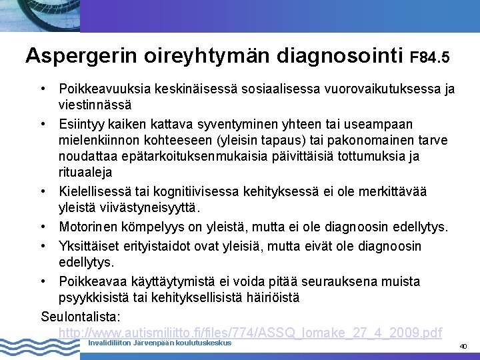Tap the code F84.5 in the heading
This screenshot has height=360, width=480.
point(429,58)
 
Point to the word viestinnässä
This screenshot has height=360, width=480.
point(95,105)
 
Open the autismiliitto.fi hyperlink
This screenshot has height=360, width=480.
point(250,332)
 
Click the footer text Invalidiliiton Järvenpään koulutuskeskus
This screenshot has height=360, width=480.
point(159,343)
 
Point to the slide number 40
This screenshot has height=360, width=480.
point(463,347)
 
